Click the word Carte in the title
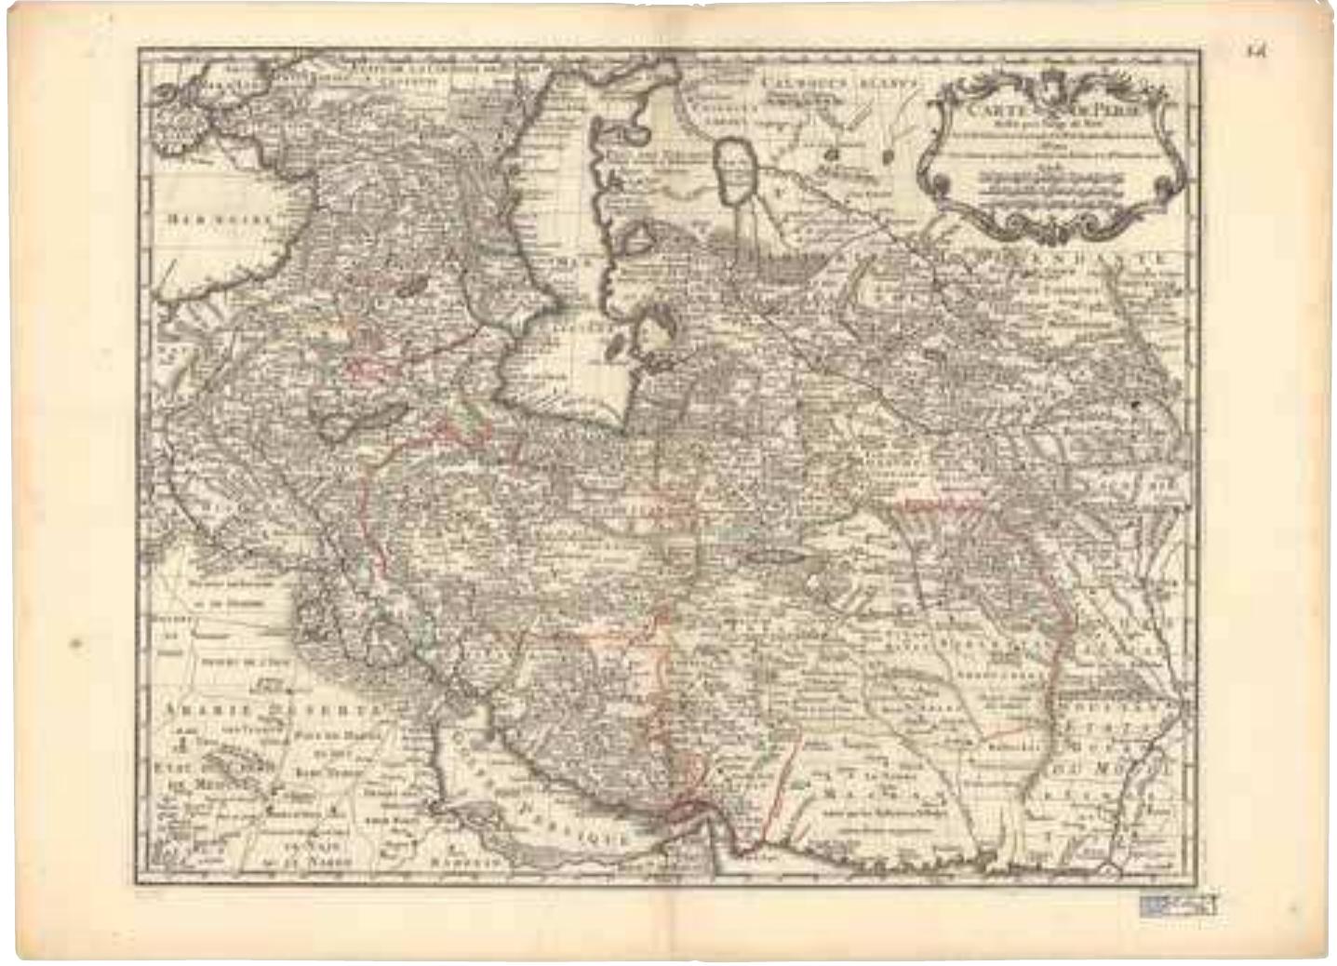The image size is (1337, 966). coord(988,106)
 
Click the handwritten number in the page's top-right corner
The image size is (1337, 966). coord(1257,50)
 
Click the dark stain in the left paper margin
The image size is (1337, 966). coord(76,642)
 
